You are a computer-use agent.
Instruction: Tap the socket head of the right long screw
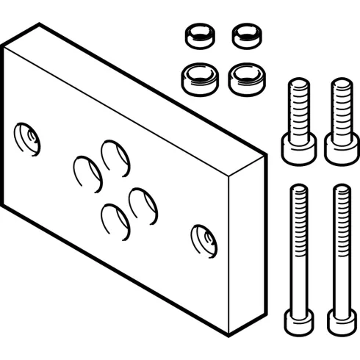339,320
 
